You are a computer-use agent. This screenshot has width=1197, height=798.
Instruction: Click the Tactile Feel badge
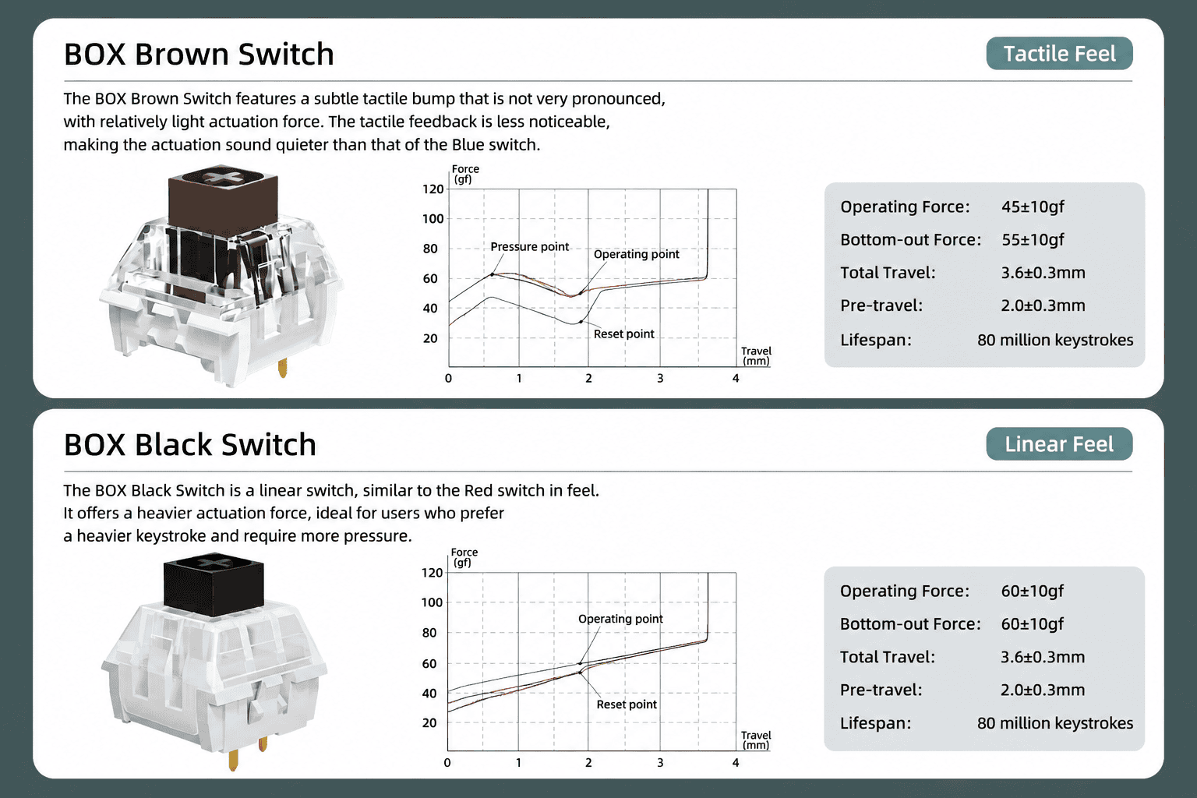pos(1059,54)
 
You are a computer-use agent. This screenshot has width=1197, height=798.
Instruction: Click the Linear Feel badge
pos(1059,443)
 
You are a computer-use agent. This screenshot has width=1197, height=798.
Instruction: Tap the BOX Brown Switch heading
pos(199,54)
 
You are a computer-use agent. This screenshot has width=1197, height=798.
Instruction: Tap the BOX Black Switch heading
pos(190,445)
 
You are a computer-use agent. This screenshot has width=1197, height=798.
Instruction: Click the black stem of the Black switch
pos(214,587)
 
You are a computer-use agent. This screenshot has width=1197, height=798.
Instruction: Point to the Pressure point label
pos(530,247)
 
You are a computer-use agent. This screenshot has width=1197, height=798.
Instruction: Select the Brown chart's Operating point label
pos(637,254)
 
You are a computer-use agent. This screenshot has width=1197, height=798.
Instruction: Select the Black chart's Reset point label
pos(627,704)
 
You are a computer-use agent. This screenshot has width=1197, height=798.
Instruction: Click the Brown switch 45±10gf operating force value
pos(1033,207)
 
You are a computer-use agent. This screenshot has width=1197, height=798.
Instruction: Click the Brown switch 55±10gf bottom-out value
pos(1033,239)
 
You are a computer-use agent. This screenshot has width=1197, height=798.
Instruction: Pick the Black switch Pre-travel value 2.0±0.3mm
pos(1043,690)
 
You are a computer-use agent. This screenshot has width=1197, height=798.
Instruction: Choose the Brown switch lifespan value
pos(1055,340)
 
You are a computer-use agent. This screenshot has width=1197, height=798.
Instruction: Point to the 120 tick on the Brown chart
pos(433,189)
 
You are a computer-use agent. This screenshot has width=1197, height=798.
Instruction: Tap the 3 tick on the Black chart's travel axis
pos(660,763)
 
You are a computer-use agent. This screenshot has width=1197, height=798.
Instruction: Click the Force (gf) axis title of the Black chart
pos(464,557)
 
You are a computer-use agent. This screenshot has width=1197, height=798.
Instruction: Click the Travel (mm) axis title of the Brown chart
pos(756,356)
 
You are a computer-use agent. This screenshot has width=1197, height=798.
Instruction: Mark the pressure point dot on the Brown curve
pos(493,274)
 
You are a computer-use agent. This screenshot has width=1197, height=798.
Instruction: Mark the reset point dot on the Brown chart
pos(581,322)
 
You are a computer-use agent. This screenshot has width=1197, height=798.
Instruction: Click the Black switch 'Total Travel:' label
pos(888,657)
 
